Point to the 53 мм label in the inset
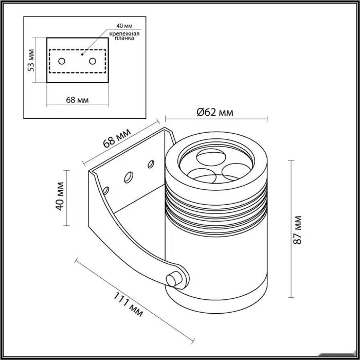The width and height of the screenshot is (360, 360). (x=32, y=60)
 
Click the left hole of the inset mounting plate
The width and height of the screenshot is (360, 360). (x=62, y=61)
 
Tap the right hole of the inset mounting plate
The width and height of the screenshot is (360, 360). (x=93, y=61)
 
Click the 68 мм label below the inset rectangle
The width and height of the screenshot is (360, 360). (x=77, y=100)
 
